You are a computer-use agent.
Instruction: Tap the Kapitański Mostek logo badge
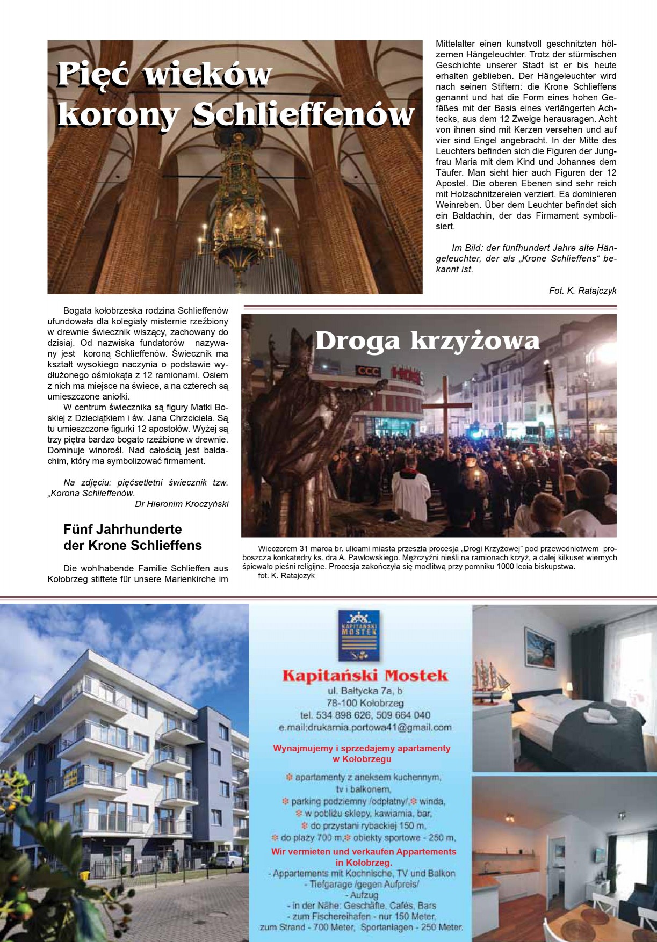359,635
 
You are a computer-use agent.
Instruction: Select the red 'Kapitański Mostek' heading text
365,675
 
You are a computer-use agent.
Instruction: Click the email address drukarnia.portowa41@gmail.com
365,727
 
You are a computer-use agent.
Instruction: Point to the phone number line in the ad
365,715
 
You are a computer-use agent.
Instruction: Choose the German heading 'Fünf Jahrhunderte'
122,529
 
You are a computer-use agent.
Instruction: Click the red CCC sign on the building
369,371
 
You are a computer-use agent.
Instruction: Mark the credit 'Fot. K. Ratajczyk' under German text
582,291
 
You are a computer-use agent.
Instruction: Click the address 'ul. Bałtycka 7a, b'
365,691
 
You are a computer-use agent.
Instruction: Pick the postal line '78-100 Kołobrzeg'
365,702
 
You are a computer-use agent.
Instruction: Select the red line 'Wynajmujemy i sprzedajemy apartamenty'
362,748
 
